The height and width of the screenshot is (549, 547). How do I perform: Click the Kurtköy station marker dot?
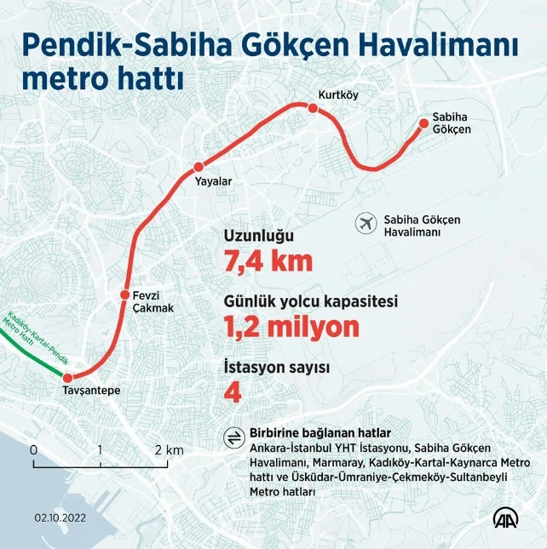[314, 108]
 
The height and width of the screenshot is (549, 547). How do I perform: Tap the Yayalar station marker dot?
[199, 167]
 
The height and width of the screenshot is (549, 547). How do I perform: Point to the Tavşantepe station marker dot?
[68, 376]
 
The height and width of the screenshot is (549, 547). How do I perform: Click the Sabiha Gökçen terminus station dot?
[424, 124]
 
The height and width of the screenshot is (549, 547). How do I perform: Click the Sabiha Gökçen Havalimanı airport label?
[422, 226]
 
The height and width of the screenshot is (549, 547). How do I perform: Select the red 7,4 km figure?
[268, 262]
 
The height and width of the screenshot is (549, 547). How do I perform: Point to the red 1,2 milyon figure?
[291, 326]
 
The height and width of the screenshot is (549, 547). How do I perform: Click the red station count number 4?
[231, 392]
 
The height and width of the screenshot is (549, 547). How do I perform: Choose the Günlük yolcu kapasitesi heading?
[310, 301]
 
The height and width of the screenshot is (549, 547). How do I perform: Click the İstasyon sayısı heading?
[276, 367]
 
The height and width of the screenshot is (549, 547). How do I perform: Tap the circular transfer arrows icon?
[231, 437]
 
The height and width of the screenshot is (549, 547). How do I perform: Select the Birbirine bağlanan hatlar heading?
[320, 433]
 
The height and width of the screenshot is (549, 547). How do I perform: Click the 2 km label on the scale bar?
[169, 449]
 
